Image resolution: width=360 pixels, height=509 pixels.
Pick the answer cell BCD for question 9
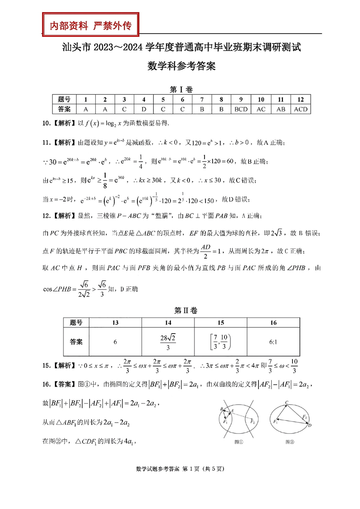[x=241, y=109]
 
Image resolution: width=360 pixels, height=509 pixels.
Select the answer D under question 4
[x=143, y=109]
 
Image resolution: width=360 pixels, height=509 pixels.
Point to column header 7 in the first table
[x=202, y=100]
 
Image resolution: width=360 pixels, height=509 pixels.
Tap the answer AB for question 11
[x=281, y=109]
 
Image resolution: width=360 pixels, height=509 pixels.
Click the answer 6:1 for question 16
[x=273, y=341]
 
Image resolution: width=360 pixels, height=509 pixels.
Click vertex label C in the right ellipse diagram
[x=287, y=402]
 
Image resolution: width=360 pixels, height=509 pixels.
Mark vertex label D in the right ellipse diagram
[x=309, y=426]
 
